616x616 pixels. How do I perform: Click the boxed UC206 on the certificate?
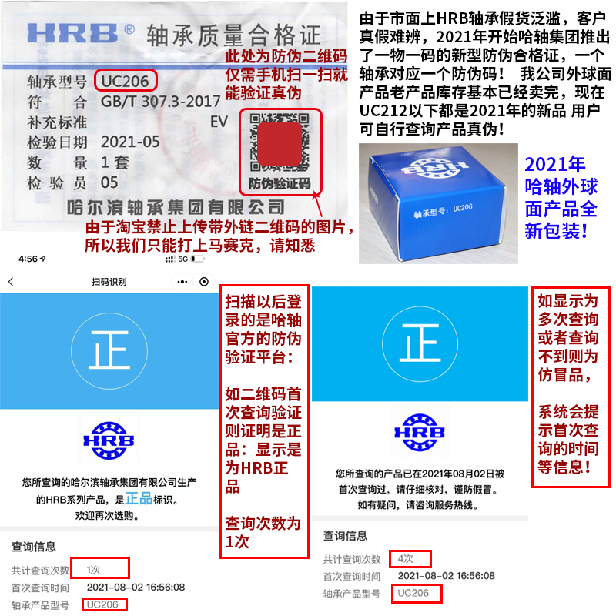pyautogui.click(x=127, y=79)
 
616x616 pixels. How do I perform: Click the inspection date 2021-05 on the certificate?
pyautogui.click(x=130, y=142)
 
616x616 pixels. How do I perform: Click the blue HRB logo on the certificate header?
pyautogui.click(x=73, y=33)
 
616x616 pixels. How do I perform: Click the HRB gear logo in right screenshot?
pyautogui.click(x=420, y=434)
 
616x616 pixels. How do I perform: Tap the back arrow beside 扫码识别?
pyautogui.click(x=11, y=282)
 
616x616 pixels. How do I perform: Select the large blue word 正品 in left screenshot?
pyautogui.click(x=141, y=499)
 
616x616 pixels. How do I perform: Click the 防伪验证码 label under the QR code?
pyautogui.click(x=280, y=183)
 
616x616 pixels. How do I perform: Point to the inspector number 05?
pyautogui.click(x=109, y=182)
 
